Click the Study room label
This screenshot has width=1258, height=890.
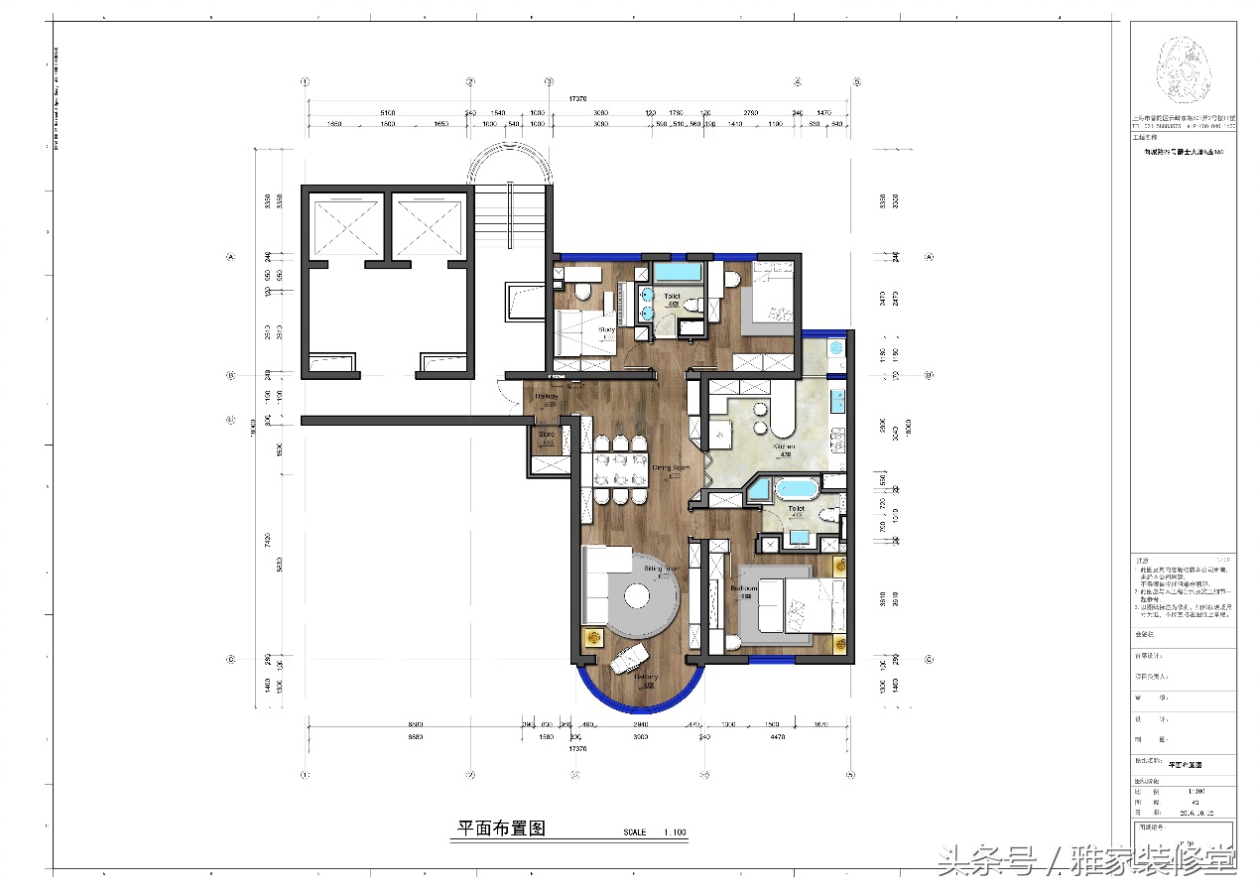pos(606,329)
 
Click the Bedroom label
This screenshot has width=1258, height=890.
pos(744,588)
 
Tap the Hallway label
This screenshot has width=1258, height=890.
pos(546,396)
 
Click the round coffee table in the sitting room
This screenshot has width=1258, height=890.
pos(636,598)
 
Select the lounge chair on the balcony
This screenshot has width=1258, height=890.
pos(629,656)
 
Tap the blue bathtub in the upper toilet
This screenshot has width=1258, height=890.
pos(678,271)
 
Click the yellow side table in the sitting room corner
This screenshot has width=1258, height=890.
pos(594,639)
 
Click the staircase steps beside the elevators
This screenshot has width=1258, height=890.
pos(510,219)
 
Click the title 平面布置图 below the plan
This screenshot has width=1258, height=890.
pos(501,828)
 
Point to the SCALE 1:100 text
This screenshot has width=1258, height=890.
pos(654,832)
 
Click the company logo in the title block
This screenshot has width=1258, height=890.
pos(1182,69)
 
